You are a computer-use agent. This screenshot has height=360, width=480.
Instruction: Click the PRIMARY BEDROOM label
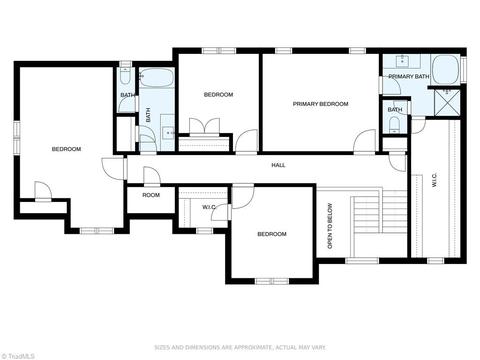click(320, 104)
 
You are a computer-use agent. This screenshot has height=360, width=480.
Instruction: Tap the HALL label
click(278, 165)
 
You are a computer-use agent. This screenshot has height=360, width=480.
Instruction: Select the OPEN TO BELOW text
click(330, 226)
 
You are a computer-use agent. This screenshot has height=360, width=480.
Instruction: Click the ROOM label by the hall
click(151, 195)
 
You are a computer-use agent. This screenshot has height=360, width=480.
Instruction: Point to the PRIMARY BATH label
click(409, 76)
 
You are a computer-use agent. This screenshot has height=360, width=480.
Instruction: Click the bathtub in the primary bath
click(445, 70)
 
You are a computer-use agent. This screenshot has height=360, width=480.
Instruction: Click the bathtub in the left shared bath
click(156, 78)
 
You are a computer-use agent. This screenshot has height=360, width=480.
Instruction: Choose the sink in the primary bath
click(403, 60)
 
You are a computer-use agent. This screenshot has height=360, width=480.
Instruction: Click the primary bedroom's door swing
click(365, 141)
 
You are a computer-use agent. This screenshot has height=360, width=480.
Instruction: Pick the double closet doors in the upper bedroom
click(204, 126)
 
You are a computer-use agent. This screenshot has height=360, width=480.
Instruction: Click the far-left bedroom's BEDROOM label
click(66, 149)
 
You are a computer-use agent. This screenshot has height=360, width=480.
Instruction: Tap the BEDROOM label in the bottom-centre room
click(272, 234)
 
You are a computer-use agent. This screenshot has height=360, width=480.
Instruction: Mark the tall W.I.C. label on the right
click(434, 180)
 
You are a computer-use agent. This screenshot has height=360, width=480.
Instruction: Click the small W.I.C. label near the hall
click(209, 207)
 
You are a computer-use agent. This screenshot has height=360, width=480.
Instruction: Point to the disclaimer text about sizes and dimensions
click(240, 348)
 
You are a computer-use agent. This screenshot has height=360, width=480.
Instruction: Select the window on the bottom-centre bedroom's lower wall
click(272, 281)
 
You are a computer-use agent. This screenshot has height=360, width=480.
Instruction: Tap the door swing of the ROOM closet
click(152, 176)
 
